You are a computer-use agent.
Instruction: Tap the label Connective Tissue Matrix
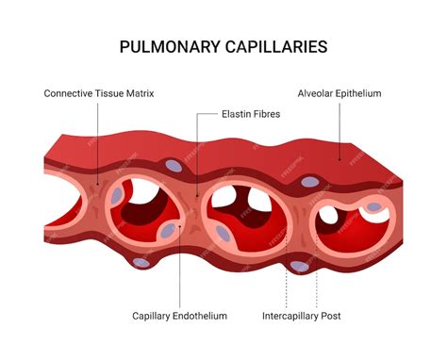(98, 93)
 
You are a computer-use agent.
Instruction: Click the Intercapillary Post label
(303, 316)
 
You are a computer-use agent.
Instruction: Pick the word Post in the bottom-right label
(331, 316)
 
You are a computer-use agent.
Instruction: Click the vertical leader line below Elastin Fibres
(197, 151)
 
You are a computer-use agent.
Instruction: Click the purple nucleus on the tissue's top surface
(174, 166)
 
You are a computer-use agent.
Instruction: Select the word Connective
(71, 93)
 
